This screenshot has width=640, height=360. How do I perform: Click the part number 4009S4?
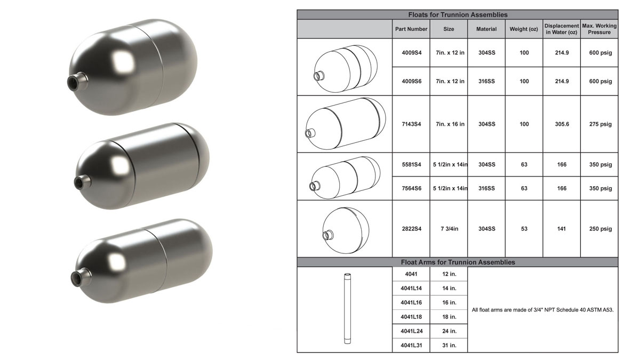click(x=411, y=53)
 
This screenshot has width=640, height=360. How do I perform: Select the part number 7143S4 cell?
click(x=411, y=124)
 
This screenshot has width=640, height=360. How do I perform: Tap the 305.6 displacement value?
click(x=562, y=124)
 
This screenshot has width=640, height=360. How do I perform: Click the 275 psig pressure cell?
click(x=599, y=124)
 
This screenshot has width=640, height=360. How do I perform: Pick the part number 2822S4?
click(x=411, y=229)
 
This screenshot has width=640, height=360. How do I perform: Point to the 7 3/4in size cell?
click(x=449, y=229)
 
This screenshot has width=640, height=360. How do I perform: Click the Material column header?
click(x=486, y=29)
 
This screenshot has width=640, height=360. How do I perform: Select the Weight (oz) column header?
click(x=524, y=29)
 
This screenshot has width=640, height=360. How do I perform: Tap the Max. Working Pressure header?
click(x=599, y=29)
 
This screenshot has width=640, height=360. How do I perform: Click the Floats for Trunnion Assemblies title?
click(x=457, y=14)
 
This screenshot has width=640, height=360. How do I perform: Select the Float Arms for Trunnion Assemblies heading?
click(x=457, y=262)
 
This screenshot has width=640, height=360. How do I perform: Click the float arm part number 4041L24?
click(x=411, y=331)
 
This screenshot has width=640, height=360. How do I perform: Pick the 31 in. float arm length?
click(x=449, y=345)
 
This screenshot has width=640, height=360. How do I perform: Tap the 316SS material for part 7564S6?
click(x=486, y=188)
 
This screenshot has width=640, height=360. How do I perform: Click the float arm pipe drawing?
click(x=345, y=309)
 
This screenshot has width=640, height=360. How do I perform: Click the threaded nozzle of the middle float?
click(x=81, y=182)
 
